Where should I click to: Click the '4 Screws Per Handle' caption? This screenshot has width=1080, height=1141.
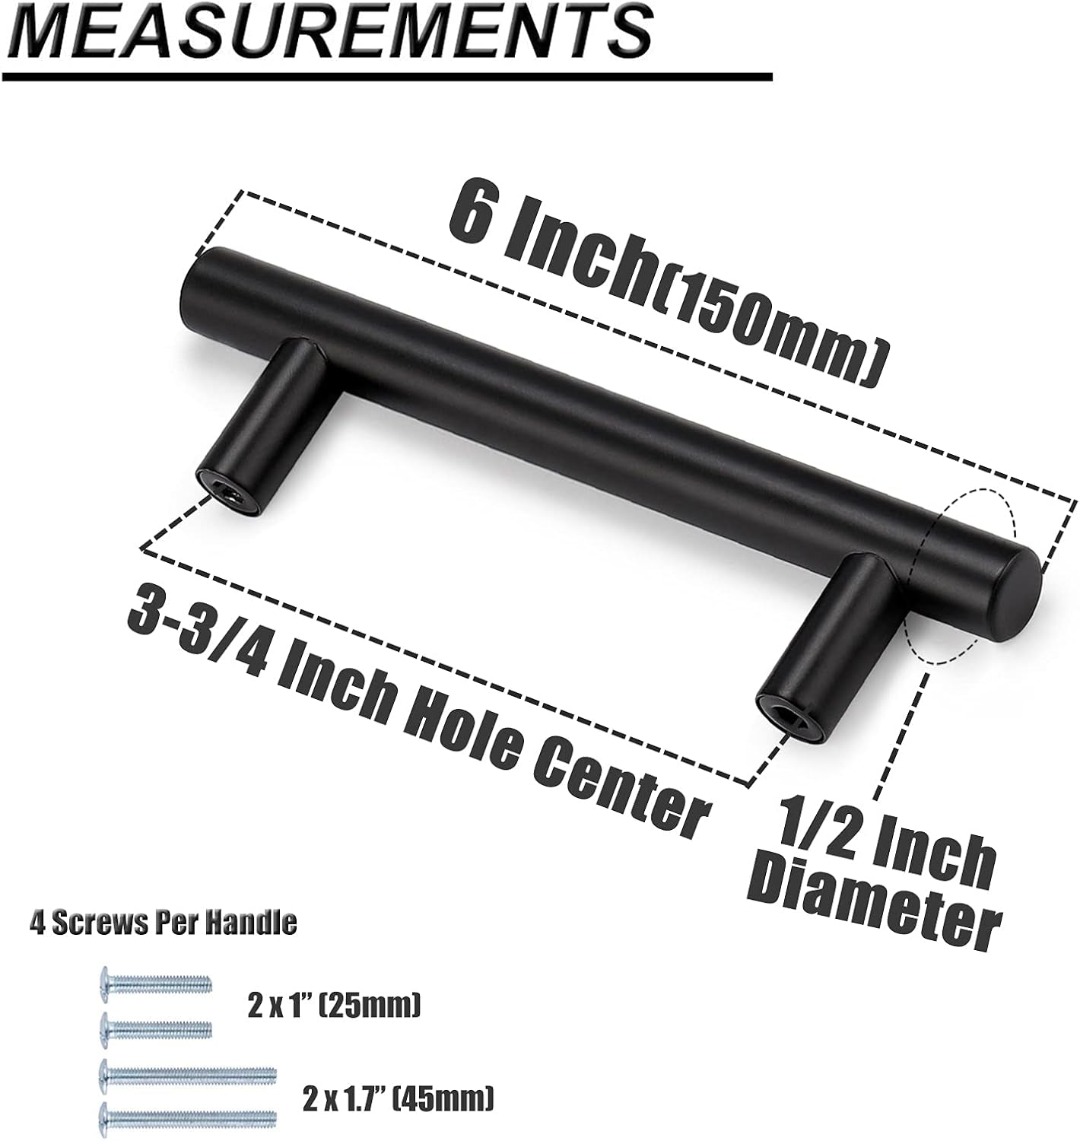[163, 923]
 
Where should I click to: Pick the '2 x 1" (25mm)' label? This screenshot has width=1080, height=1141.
[334, 1007]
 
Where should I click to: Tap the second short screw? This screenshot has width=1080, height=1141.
[155, 1029]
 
